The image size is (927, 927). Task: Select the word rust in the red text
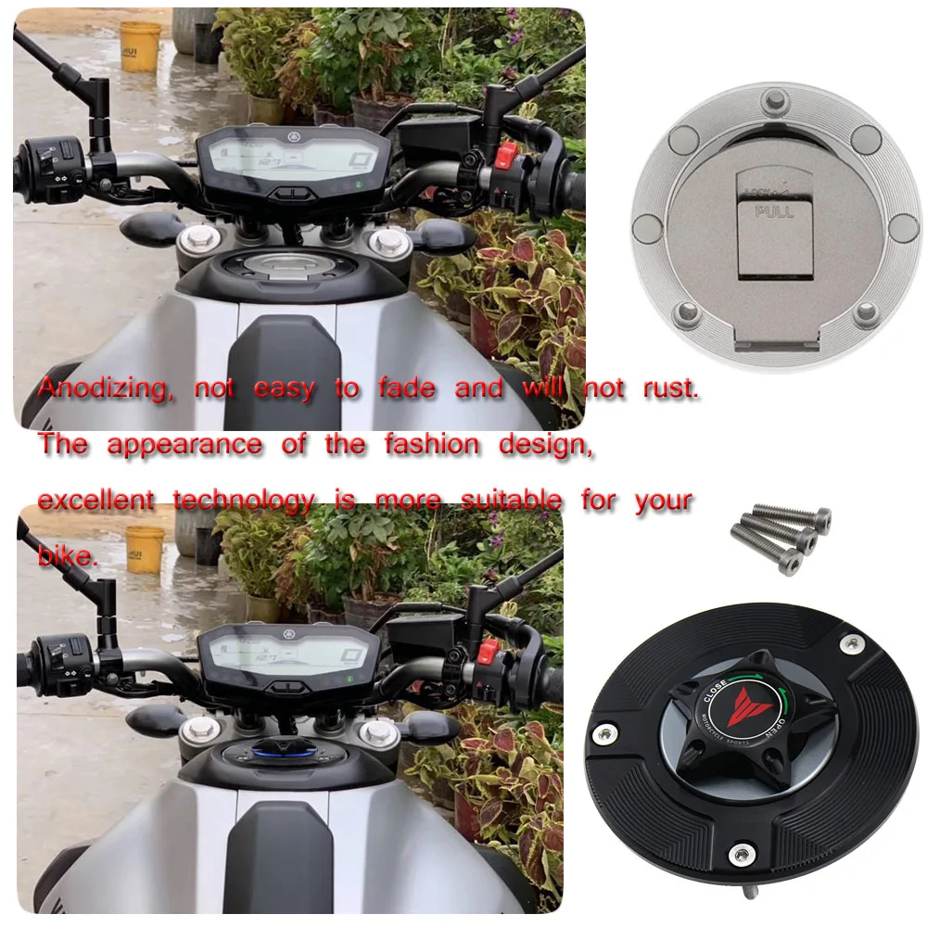tap(669, 388)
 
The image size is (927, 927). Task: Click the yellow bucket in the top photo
tap(140, 46)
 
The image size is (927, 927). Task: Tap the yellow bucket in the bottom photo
tap(145, 549)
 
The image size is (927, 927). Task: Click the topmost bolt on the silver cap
tap(771, 100)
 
